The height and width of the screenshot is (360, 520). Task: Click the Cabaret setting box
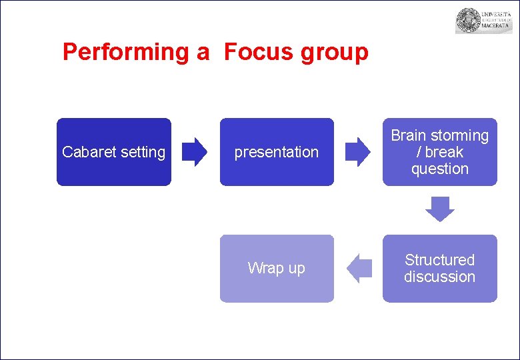[x=113, y=152]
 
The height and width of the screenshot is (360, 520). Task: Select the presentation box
[x=277, y=152]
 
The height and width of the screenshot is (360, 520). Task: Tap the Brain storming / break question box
[x=439, y=152]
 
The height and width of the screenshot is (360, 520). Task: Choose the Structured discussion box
[x=439, y=268]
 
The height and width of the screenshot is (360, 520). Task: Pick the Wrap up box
[x=277, y=268]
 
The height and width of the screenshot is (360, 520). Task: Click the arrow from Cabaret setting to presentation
[x=195, y=152]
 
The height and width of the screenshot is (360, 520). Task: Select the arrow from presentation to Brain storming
[x=358, y=152]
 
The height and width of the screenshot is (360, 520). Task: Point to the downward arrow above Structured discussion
[x=439, y=209]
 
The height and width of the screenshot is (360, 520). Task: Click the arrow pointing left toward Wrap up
[x=359, y=268]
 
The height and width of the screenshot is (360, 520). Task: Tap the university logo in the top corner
[x=483, y=21]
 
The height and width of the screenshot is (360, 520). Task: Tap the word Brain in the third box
[x=408, y=136]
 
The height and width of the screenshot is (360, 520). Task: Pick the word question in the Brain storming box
[x=439, y=169]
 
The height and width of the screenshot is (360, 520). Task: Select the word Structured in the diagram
[x=439, y=260]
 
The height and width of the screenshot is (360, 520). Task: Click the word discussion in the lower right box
[x=439, y=277]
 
